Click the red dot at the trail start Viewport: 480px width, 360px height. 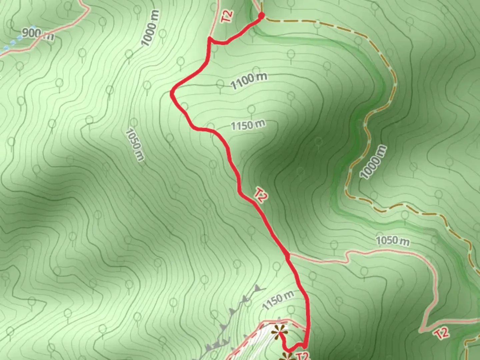click(261, 15)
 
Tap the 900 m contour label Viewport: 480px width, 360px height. click(38, 33)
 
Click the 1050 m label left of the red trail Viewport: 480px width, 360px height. click(135, 145)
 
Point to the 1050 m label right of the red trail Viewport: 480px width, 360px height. click(393, 240)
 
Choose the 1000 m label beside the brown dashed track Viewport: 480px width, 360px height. click(374, 162)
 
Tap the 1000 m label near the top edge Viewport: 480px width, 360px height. click(150, 28)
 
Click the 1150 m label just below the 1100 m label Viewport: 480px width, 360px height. click(248, 125)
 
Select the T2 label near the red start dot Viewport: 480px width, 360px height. click(227, 16)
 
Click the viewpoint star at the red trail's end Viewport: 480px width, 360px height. click(279, 332)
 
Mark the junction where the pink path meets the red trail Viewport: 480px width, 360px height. click(288, 256)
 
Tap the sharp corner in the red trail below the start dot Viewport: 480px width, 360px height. click(210, 39)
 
